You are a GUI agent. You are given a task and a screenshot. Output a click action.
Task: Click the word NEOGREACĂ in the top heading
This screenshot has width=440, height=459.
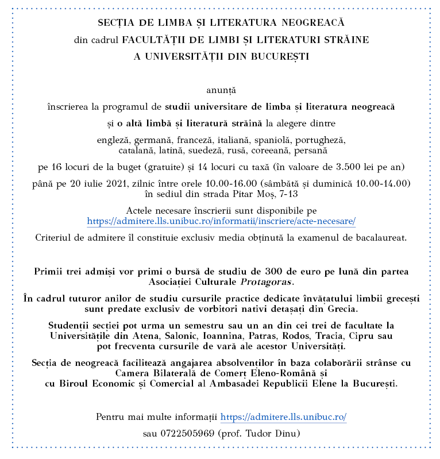coord(312,24)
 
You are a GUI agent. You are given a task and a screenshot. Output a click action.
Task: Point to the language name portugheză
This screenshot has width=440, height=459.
coord(323,140)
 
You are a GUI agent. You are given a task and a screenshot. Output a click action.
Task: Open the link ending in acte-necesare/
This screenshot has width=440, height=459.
coord(221,221)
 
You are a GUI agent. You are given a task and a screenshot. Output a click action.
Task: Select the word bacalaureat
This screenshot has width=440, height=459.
coord(381,237)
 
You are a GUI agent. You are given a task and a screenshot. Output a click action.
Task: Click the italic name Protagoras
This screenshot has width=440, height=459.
coord(270,282)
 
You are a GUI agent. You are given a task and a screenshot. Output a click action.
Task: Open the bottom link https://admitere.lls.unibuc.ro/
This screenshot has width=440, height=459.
coord(283,417)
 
